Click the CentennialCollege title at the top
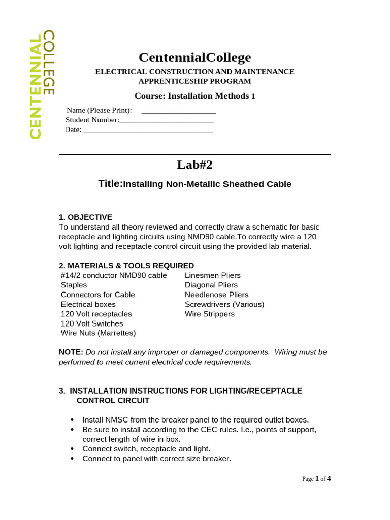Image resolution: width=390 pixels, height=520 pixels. click(195, 57)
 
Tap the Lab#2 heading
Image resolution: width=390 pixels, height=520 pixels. click(195, 165)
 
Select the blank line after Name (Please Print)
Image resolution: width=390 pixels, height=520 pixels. click(178, 111)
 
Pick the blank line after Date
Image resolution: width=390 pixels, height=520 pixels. click(148, 131)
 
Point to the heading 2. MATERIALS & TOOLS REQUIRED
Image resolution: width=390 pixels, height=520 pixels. click(126, 266)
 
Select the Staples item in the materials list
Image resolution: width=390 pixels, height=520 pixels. click(74, 285)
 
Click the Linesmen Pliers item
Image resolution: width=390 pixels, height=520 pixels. click(212, 275)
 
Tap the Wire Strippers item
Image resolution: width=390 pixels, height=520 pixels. click(209, 314)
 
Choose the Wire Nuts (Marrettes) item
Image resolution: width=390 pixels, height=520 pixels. click(99, 333)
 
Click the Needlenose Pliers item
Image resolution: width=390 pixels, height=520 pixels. click(216, 295)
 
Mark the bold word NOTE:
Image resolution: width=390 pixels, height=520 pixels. click(71, 352)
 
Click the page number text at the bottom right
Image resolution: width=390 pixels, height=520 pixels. click(316, 478)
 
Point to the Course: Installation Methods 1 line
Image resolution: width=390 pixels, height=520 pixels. click(195, 96)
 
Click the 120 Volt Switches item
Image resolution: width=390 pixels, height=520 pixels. click(92, 323)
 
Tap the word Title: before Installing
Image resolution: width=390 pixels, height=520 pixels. click(111, 184)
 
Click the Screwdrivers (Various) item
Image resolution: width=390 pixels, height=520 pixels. click(224, 304)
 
